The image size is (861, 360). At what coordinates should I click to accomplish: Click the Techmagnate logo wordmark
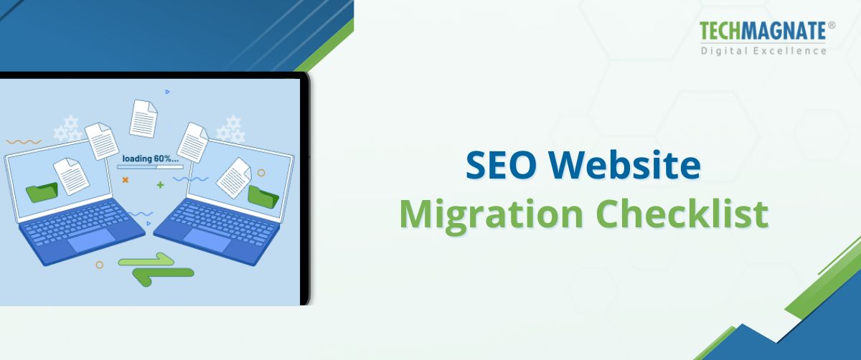763,31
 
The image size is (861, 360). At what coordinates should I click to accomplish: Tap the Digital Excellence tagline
763,51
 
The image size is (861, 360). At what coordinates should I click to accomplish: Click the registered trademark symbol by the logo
832,25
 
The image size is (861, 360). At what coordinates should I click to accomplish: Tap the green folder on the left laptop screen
42,191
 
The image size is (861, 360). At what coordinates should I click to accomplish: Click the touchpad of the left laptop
91,240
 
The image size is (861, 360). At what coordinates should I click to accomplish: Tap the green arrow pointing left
165,275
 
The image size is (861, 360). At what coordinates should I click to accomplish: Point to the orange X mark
125,180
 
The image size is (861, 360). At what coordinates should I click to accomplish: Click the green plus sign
160,185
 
